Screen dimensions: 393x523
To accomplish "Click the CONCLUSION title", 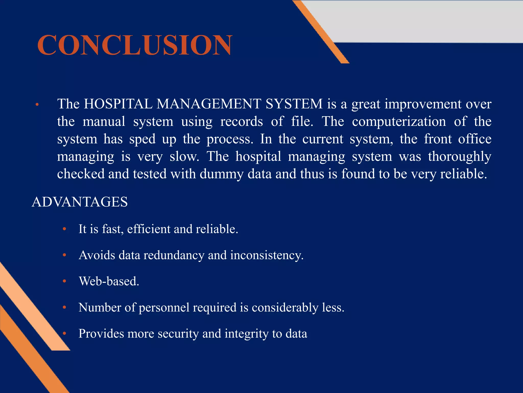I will (x=135, y=45).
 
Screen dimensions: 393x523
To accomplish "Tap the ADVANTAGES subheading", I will (x=80, y=202).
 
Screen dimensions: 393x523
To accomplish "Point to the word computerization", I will (x=399, y=122).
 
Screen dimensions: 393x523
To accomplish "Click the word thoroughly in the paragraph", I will (x=459, y=157).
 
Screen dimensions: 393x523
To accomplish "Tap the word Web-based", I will (x=109, y=281).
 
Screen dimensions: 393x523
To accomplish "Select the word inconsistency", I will (x=267, y=255).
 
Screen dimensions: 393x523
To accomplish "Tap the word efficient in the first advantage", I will (x=149, y=229).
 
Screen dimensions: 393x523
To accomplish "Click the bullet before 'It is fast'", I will (x=65, y=229).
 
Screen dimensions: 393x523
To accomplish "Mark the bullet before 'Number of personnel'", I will (x=65, y=307).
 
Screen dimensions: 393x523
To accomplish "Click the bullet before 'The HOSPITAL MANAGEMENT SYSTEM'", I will (x=37, y=104).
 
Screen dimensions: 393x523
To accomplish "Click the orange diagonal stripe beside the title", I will (x=321, y=32).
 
